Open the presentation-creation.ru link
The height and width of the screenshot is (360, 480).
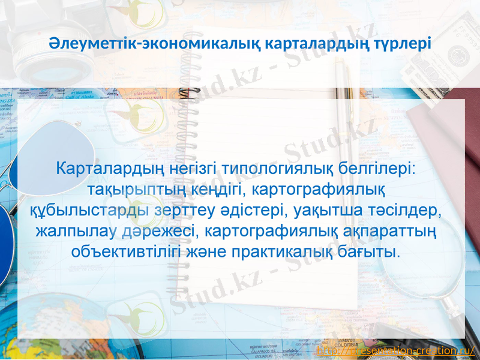(396, 350)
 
